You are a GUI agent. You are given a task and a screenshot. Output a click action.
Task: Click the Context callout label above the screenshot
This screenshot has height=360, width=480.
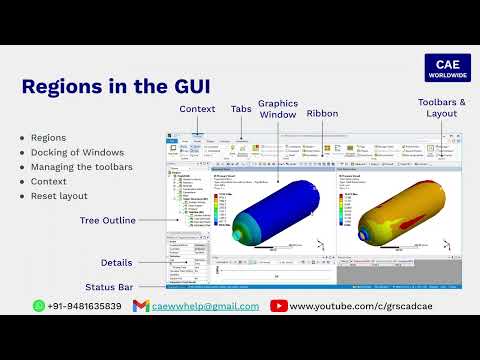tap(197, 109)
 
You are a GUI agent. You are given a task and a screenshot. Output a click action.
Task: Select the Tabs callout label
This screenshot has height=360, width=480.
tap(241, 109)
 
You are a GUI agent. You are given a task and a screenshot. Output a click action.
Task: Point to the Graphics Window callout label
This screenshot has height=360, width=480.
tap(278, 109)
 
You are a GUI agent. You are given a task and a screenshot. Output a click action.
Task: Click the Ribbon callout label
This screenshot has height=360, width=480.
tap(322, 114)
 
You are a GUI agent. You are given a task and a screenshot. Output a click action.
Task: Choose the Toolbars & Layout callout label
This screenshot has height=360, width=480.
tap(441, 108)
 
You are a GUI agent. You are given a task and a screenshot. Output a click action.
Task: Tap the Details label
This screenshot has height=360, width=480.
tap(116, 262)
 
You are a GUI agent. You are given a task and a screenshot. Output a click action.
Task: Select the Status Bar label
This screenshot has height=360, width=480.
tap(108, 287)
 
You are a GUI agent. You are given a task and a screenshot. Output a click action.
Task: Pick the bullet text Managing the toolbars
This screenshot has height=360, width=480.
tap(80, 167)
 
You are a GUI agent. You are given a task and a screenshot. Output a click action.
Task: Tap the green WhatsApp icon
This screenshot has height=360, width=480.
tap(39, 306)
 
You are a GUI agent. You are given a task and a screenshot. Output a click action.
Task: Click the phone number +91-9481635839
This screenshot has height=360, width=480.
tap(84, 306)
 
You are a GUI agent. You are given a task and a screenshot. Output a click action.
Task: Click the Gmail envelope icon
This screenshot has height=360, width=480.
tap(141, 306)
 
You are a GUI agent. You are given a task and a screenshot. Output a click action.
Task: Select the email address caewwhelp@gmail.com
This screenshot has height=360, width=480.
tap(205, 306)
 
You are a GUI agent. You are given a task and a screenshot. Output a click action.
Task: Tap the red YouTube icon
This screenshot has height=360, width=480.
tap(278, 306)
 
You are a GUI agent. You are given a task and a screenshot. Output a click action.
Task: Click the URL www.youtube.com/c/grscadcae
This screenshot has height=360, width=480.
tap(364, 306)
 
